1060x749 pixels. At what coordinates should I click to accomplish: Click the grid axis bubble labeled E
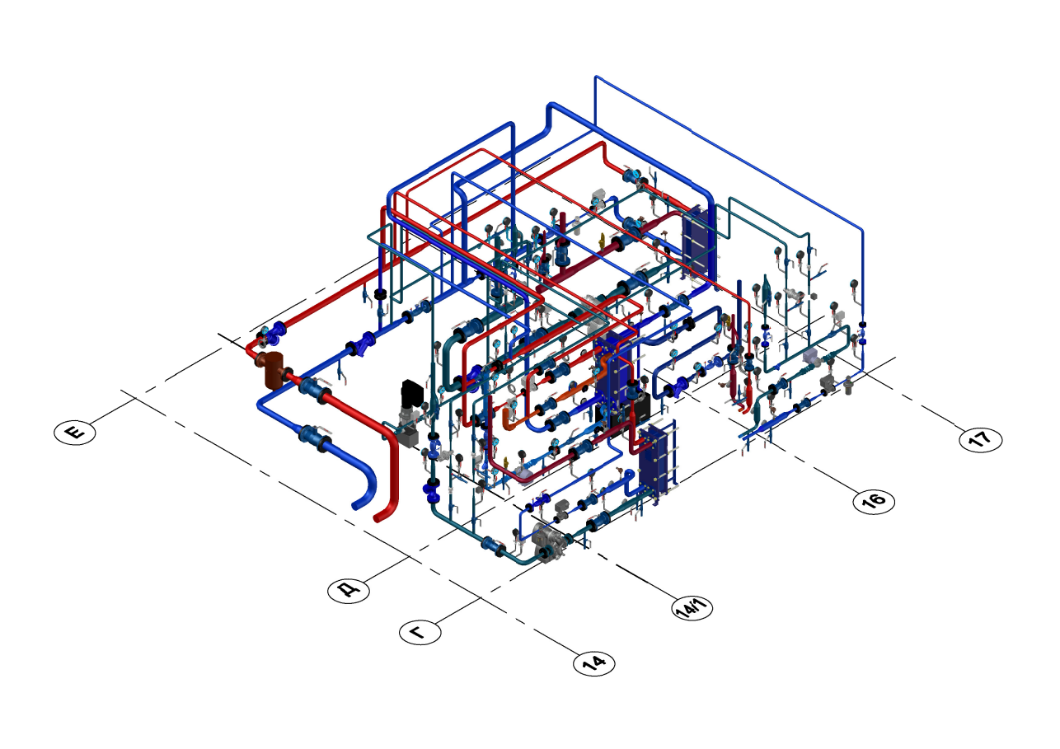tap(75, 432)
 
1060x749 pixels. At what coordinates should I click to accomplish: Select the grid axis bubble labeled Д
tap(349, 589)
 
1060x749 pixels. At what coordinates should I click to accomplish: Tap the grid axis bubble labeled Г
tap(420, 632)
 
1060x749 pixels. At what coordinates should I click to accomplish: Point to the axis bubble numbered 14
tap(594, 662)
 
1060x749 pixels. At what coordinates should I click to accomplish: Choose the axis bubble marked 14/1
tap(692, 607)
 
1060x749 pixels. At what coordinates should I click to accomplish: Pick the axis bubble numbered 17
tap(981, 439)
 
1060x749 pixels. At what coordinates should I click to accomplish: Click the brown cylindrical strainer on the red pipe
tap(274, 371)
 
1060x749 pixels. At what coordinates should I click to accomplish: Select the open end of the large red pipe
tap(378, 518)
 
